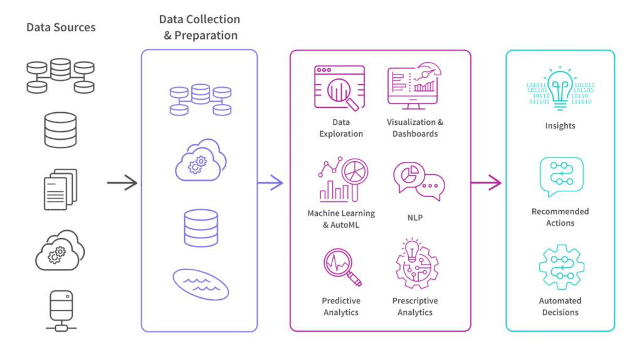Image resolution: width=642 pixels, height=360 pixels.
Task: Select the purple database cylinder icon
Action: (200, 228)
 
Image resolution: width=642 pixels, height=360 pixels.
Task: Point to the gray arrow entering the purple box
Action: (122, 184)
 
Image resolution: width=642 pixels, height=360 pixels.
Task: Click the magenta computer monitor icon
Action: (414, 85)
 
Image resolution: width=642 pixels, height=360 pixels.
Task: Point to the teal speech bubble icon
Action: (560, 177)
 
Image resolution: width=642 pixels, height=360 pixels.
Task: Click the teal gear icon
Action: (560, 267)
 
